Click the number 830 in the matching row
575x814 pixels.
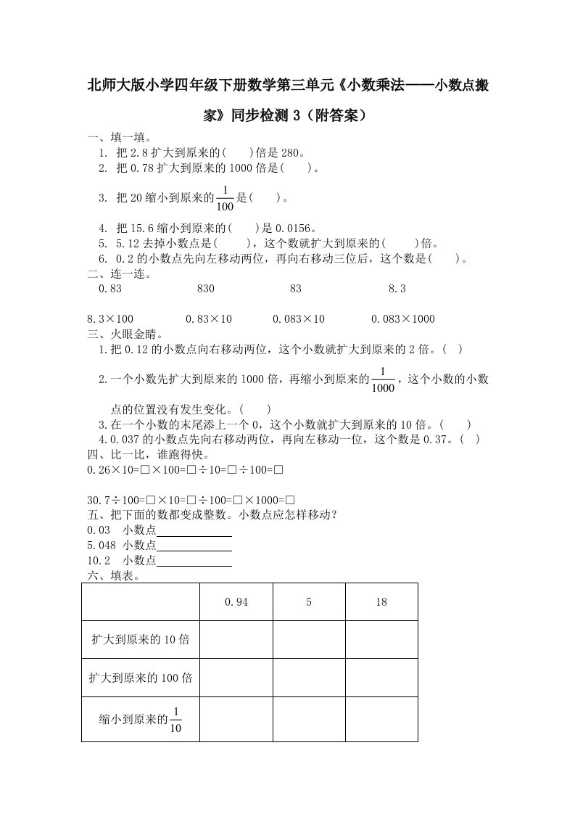tap(206, 289)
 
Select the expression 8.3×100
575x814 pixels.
tap(110, 319)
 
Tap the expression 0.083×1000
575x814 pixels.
tap(402, 319)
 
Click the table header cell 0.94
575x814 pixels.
tap(236, 601)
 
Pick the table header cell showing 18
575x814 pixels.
tap(381, 601)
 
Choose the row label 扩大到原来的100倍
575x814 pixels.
tap(141, 678)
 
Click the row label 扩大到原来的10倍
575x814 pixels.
tap(141, 639)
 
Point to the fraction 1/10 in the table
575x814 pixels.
tap(175, 719)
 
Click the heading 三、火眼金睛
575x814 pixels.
tap(125, 334)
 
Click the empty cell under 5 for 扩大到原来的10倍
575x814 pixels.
tap(309, 639)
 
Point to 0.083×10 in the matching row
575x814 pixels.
tap(299, 319)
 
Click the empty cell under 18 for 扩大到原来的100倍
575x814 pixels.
tap(381, 678)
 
